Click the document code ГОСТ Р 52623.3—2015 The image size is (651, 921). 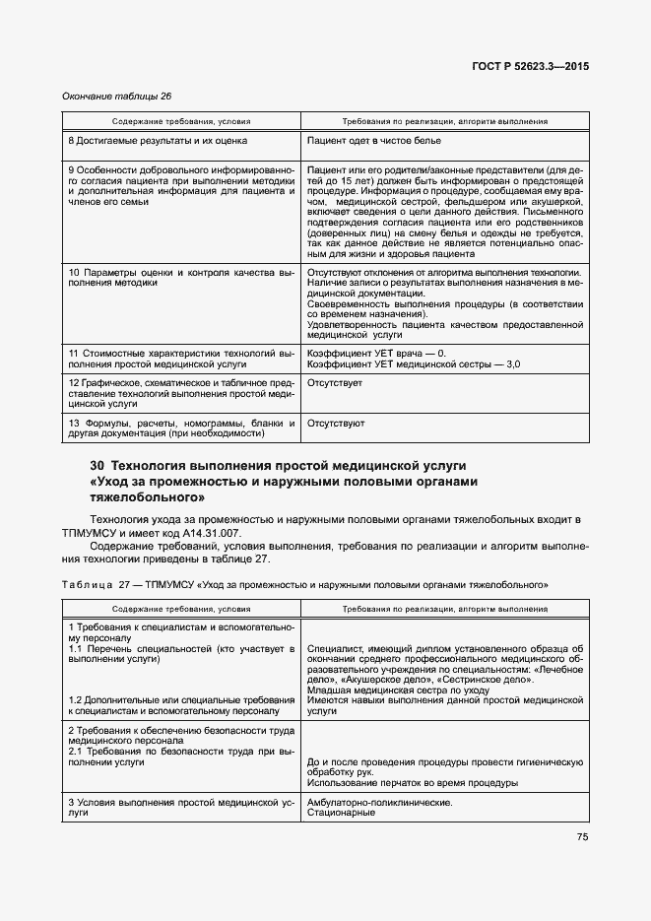(530, 67)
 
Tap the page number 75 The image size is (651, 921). (582, 837)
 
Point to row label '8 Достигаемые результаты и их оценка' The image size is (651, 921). (158, 142)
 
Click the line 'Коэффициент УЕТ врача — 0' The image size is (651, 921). (376, 354)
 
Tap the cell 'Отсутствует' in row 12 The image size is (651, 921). (335, 382)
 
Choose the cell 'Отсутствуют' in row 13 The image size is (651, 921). (336, 424)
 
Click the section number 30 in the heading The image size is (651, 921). (98, 465)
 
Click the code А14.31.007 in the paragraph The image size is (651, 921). (209, 533)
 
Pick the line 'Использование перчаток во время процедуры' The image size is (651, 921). (413, 783)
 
